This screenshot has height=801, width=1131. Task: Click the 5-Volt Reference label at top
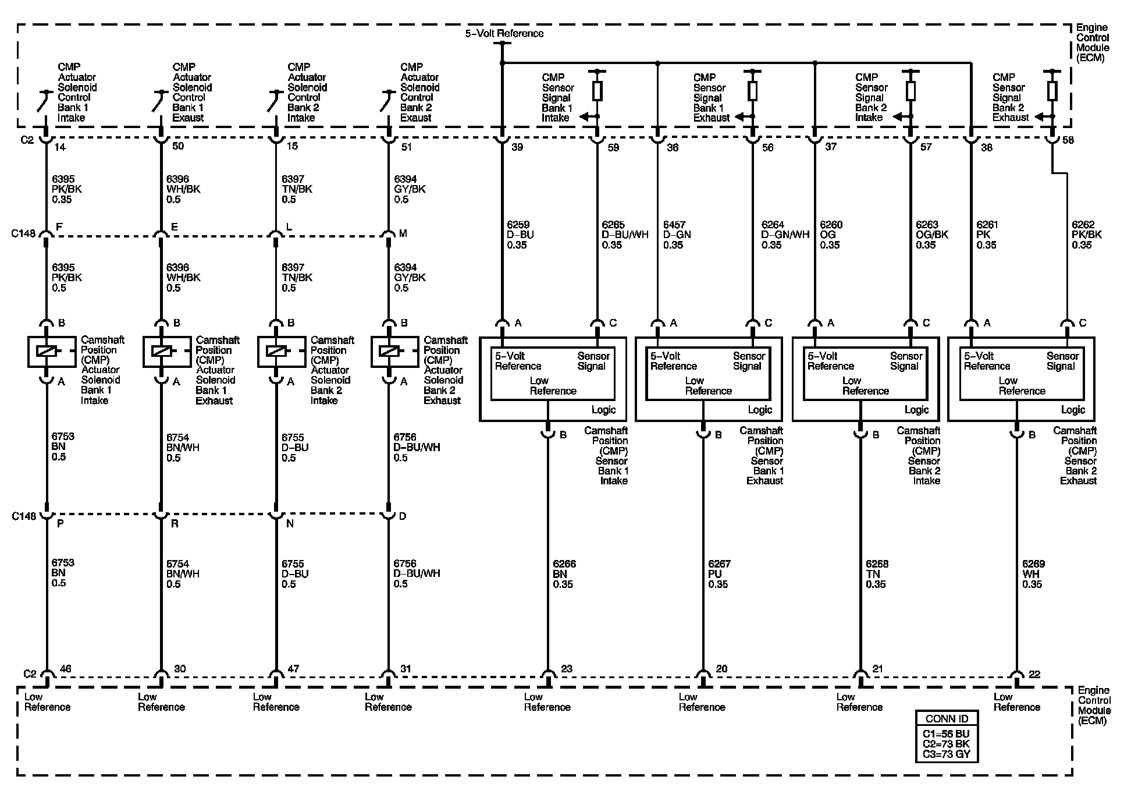504,34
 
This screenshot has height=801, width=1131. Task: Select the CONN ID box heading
946,718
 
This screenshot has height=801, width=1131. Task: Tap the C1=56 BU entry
946,734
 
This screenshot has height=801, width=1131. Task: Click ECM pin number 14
60,147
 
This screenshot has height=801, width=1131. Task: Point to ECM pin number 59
613,148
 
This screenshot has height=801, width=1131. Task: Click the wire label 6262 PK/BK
1086,235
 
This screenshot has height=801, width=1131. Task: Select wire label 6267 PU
719,574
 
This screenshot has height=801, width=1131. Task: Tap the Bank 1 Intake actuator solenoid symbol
47,351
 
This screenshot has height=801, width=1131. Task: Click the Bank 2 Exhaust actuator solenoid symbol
389,351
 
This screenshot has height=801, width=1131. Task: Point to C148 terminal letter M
403,233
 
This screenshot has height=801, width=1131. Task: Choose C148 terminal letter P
60,523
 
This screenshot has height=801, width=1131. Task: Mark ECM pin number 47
293,669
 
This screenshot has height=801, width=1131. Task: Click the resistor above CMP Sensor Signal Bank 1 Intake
597,91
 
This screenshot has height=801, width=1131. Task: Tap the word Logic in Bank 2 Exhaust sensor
1073,410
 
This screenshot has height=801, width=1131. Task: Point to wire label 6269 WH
1033,574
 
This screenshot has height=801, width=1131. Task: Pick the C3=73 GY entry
946,754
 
